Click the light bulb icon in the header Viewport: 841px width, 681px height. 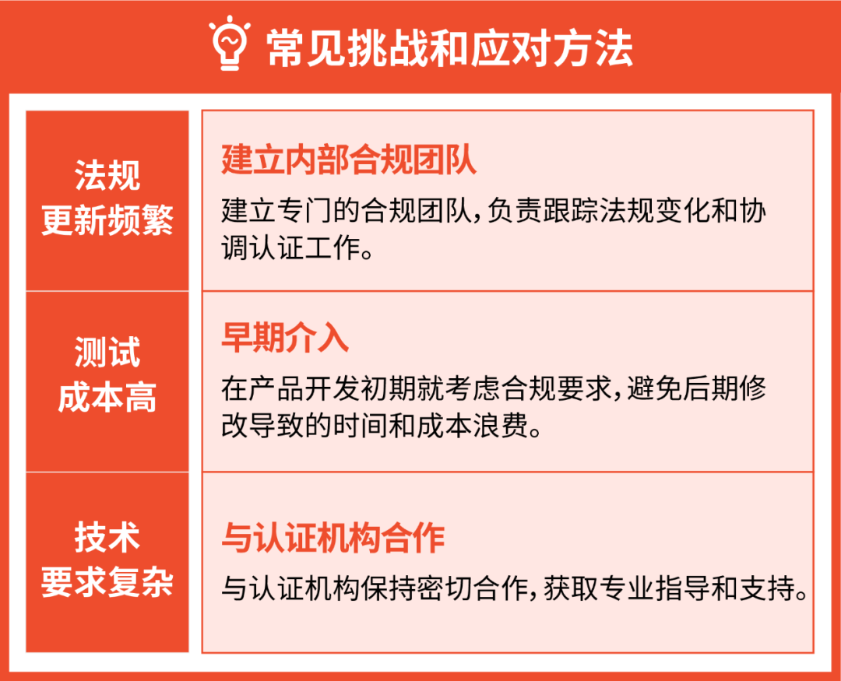click(230, 45)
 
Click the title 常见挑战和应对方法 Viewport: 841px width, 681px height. click(449, 48)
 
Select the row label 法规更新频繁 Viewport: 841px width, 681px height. click(107, 199)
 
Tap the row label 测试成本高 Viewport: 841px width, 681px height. click(107, 375)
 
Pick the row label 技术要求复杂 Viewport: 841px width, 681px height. click(107, 560)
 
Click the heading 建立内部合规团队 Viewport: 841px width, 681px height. click(349, 160)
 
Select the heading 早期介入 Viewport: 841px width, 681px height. click(285, 339)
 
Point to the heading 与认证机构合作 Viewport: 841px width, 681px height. click(333, 539)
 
